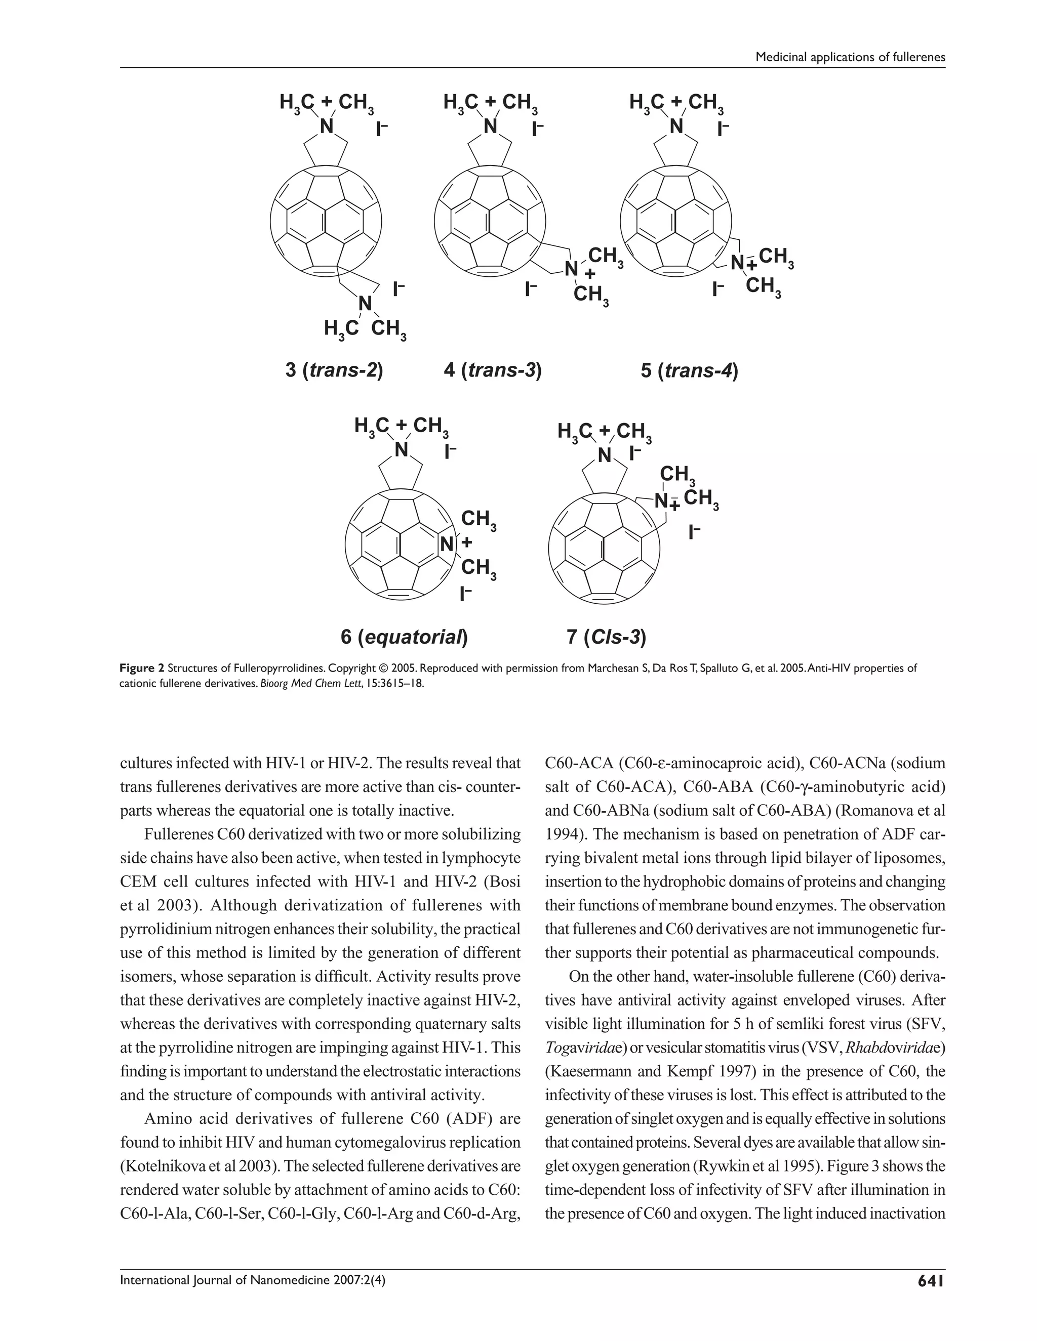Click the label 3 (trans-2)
click(334, 371)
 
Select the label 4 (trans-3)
click(492, 371)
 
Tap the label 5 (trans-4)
click(689, 371)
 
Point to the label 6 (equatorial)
click(404, 637)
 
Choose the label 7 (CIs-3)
click(606, 637)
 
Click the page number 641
click(930, 1281)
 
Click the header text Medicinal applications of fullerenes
click(850, 57)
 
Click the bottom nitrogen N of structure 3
click(366, 303)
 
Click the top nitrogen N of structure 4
click(490, 127)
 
